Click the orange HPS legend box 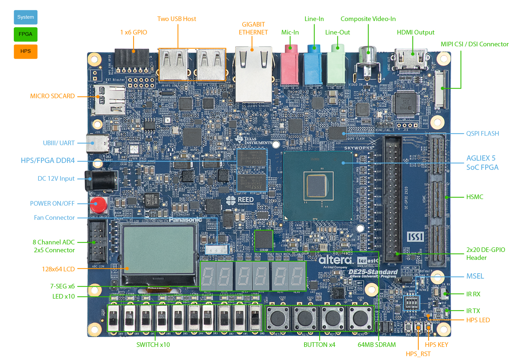(x=26, y=51)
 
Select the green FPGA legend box (x=26, y=34)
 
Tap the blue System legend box (x=26, y=17)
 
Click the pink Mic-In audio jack (x=290, y=66)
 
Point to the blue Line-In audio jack (x=314, y=66)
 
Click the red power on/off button (x=98, y=204)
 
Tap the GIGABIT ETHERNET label (x=253, y=28)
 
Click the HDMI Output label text (x=416, y=32)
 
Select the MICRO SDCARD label (x=53, y=96)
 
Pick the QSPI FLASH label (x=482, y=133)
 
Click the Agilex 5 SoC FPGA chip (x=317, y=186)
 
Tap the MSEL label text (x=475, y=276)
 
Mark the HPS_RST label (x=418, y=354)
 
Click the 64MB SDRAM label (x=377, y=345)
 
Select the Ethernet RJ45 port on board (x=253, y=74)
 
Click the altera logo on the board (x=335, y=260)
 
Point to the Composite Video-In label (x=368, y=19)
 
